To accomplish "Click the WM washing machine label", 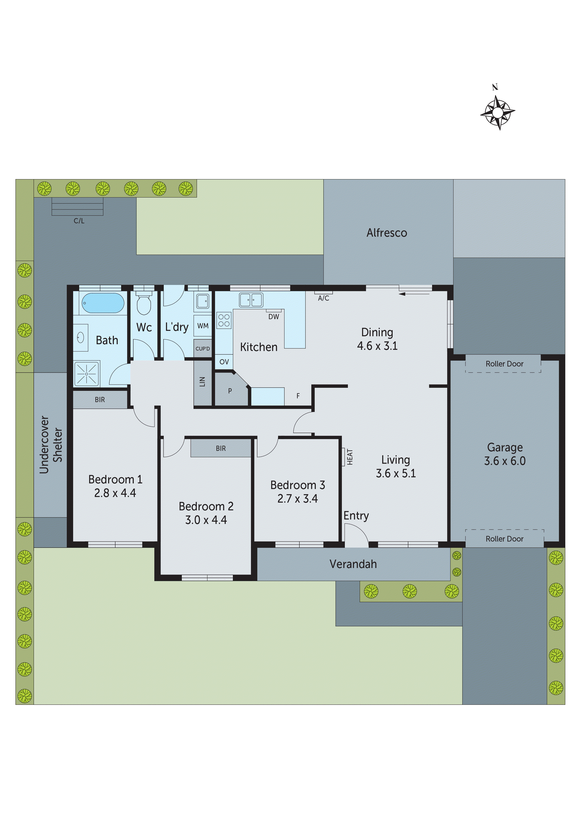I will [x=203, y=326].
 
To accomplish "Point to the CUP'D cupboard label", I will [x=203, y=349].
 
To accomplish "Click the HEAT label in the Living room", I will [x=350, y=457].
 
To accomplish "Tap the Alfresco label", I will [x=387, y=233].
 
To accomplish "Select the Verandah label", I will [x=353, y=564].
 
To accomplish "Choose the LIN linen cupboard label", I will [x=202, y=382].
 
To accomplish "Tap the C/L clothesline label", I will [x=79, y=221].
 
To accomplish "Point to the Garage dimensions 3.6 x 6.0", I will [x=505, y=461].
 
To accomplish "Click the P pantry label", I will [x=230, y=391].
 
